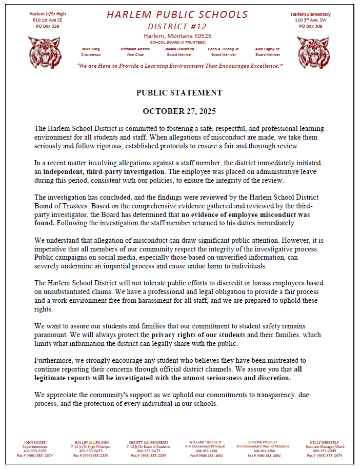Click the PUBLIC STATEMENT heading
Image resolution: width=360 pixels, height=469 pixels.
click(179, 93)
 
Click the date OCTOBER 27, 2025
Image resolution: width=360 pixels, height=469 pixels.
click(179, 111)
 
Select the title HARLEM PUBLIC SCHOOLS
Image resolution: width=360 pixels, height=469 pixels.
click(177, 15)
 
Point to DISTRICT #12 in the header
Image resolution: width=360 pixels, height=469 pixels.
click(178, 26)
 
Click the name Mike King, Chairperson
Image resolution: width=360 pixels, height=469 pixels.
click(91, 49)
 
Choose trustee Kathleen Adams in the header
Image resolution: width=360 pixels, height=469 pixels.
click(135, 49)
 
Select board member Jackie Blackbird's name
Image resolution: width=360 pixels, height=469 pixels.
click(179, 49)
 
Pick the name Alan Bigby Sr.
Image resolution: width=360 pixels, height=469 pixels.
click(268, 49)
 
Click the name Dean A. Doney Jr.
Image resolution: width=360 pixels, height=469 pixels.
click(224, 49)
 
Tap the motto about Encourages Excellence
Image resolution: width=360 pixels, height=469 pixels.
click(179, 66)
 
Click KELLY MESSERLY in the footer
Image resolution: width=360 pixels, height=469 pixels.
click(324, 442)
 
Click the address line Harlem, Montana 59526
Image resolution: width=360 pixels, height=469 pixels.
click(177, 36)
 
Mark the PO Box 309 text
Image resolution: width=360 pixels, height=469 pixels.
click(310, 26)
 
